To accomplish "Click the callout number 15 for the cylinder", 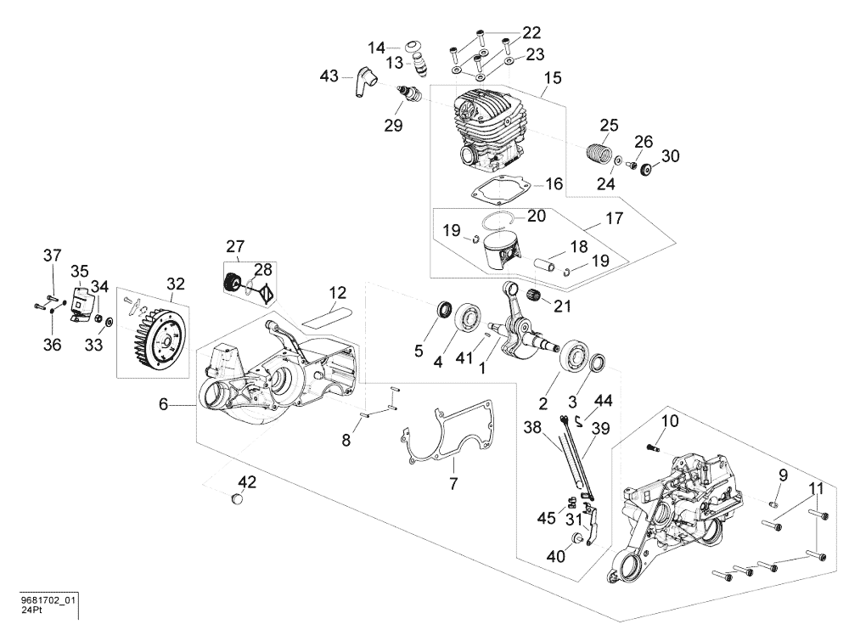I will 552,78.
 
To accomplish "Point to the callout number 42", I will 246,482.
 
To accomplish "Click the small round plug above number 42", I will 237,499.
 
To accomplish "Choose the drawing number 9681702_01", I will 48,600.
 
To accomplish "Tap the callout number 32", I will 176,284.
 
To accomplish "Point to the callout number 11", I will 816,488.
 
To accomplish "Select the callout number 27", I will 235,247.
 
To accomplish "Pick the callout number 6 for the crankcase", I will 164,406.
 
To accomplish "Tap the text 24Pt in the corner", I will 31,610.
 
